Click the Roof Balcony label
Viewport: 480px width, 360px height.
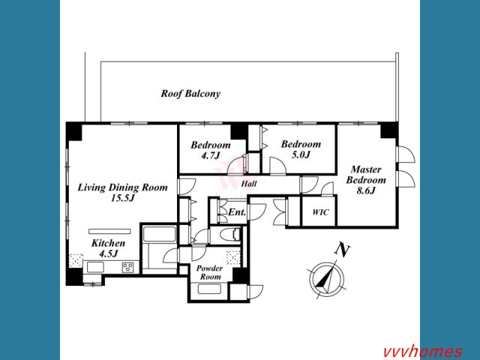tap(190, 94)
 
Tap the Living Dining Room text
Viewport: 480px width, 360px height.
tap(122, 187)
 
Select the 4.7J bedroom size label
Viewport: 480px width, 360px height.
tap(210, 156)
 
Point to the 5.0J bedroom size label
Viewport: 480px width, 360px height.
tap(301, 155)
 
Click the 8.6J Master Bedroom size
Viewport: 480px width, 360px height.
tap(366, 190)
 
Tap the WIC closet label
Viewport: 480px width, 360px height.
tap(320, 212)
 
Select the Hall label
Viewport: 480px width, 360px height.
tap(249, 184)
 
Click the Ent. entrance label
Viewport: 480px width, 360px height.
tap(237, 211)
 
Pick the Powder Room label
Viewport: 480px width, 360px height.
tap(209, 272)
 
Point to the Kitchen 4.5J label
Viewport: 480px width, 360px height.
tap(108, 248)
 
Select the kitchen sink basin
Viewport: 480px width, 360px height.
tap(95, 268)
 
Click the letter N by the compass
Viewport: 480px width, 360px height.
tap(342, 250)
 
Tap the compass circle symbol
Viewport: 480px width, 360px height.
tap(326, 279)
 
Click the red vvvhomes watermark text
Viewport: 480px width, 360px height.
tap(423, 352)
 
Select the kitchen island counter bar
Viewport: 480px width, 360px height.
tap(110, 231)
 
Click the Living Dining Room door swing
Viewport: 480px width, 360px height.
tap(187, 186)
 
